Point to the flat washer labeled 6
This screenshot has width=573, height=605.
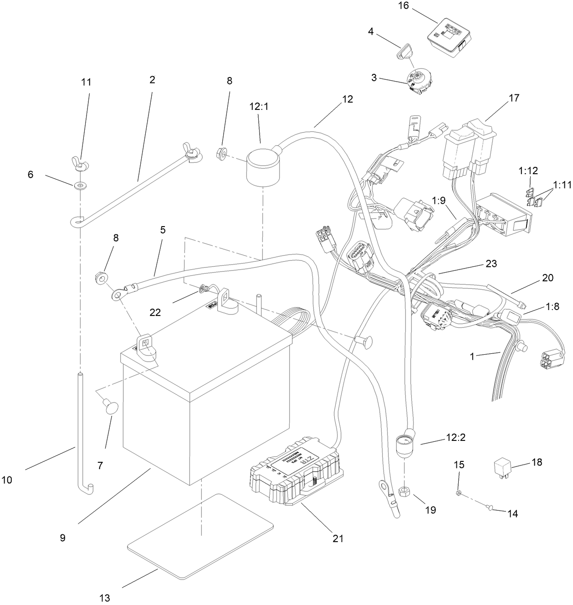[x=81, y=185]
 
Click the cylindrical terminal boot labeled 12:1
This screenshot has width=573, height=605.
[x=261, y=169]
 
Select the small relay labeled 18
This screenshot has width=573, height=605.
[x=507, y=468]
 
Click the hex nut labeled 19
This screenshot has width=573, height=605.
[x=404, y=491]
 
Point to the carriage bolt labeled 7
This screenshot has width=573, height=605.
[x=111, y=407]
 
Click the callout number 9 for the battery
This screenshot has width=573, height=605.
[x=62, y=538]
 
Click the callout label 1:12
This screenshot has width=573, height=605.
[x=527, y=171]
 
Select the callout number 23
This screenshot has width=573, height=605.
[x=491, y=264]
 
